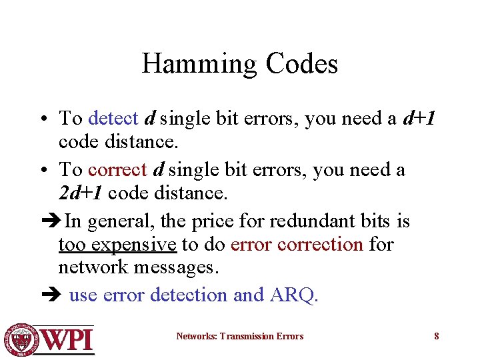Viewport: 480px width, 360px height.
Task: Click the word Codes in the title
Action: (x=302, y=64)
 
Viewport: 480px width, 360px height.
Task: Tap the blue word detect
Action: (x=113, y=119)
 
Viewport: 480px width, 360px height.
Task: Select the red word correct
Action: (x=117, y=169)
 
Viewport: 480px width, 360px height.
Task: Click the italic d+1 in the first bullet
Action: (x=419, y=119)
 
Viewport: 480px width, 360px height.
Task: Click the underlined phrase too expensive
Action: (x=117, y=245)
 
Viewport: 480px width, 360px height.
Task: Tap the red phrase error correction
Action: (x=297, y=245)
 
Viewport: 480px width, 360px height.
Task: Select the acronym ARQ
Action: (x=295, y=295)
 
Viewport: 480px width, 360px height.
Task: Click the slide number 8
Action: (x=437, y=336)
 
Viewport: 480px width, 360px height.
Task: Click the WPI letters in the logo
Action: (x=68, y=339)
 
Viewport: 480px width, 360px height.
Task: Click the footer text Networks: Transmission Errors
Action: (x=239, y=336)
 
